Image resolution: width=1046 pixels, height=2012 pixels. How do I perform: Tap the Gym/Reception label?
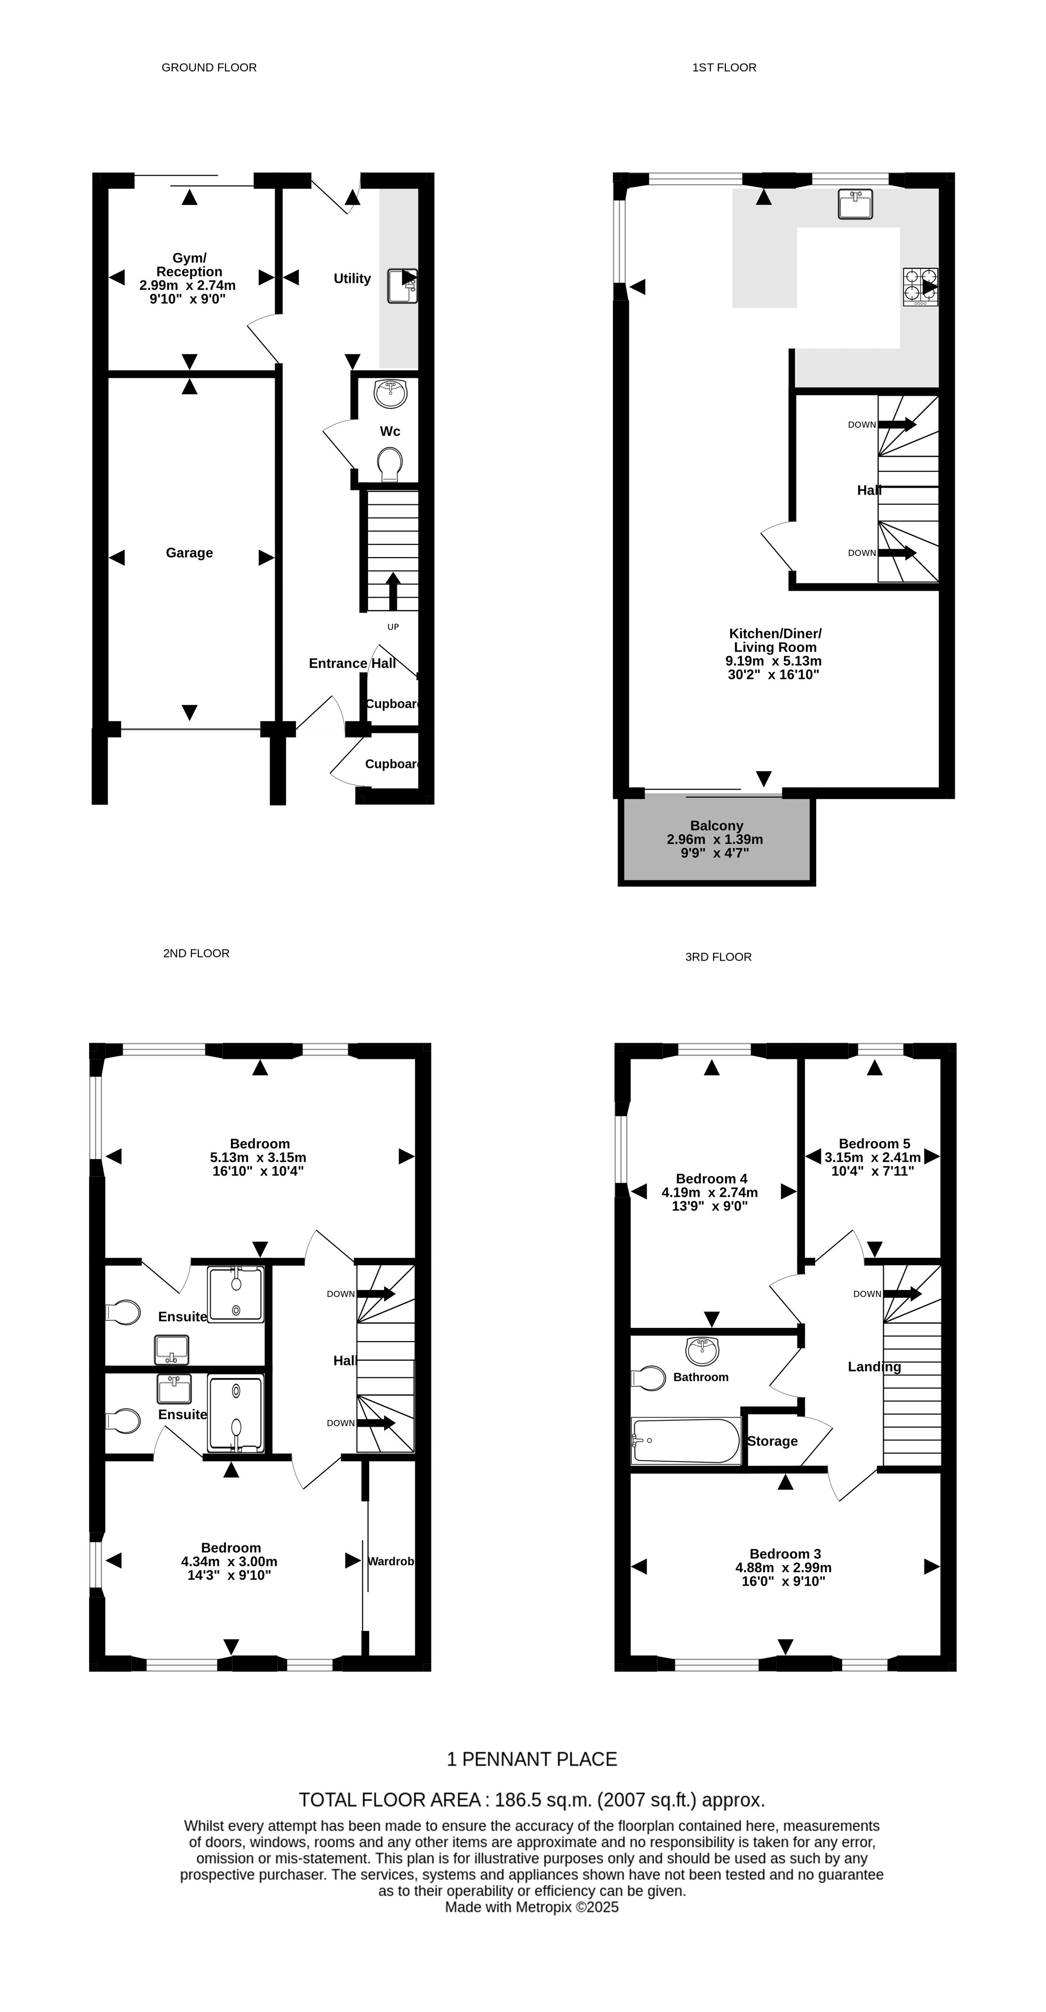[x=189, y=265]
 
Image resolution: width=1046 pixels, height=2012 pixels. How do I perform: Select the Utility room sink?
[x=403, y=286]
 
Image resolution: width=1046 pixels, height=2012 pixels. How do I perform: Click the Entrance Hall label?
[x=352, y=663]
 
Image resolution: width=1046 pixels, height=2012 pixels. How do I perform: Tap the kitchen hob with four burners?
[x=920, y=287]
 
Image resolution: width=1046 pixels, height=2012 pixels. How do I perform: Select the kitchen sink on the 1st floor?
[x=856, y=204]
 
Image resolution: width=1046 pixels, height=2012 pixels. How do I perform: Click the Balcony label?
[x=716, y=826]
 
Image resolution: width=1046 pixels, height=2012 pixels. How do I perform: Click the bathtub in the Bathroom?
[x=686, y=1441]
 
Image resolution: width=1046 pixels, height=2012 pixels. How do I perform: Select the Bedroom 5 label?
[x=874, y=1144]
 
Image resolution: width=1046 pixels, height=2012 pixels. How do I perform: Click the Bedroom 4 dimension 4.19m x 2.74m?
[x=709, y=1193]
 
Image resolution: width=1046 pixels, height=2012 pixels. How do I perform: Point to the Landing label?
[x=874, y=1367]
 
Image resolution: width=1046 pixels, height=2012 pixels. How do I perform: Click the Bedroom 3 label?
[x=785, y=1554]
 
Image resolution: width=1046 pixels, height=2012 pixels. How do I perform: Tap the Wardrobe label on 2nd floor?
[x=390, y=1562]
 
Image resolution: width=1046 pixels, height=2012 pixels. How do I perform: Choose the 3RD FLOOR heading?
[x=718, y=957]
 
